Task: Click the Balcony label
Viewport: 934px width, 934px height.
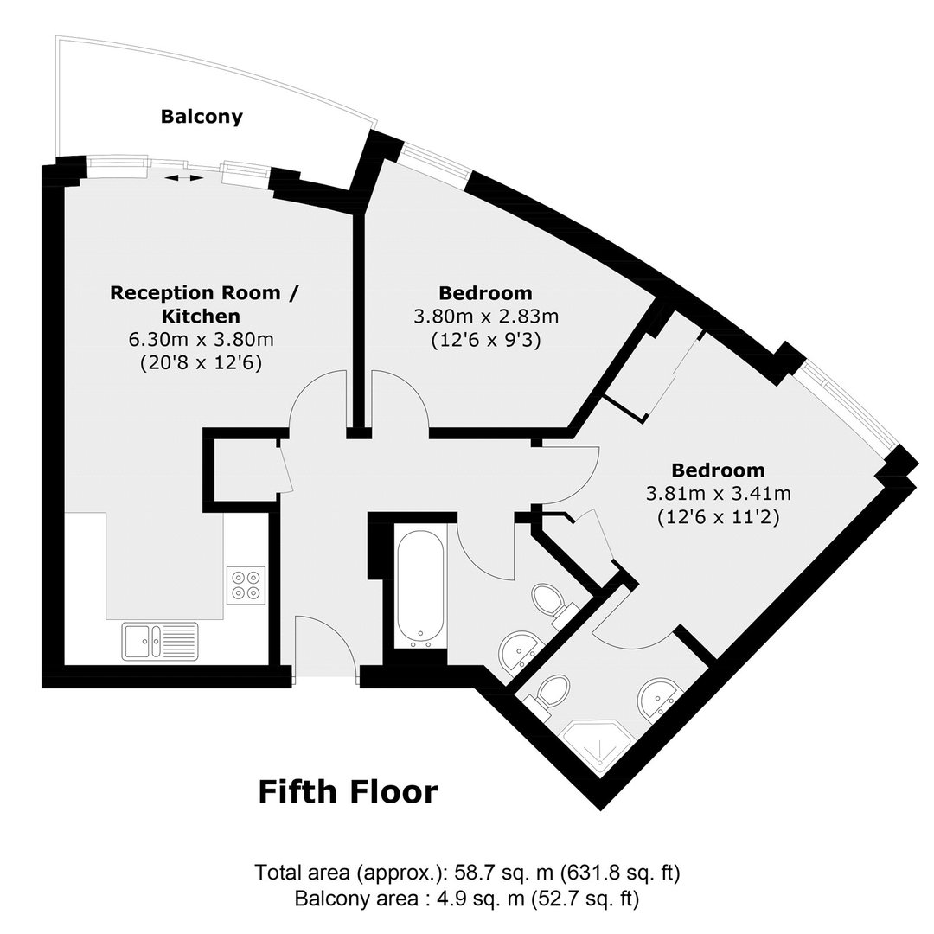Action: (x=202, y=116)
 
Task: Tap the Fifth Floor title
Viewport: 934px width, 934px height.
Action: (x=348, y=791)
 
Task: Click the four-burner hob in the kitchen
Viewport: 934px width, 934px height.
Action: (x=246, y=585)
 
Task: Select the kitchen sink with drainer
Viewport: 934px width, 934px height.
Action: (x=160, y=642)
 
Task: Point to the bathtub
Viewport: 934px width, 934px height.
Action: (x=420, y=586)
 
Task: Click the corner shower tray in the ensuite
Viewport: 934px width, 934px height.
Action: (x=598, y=744)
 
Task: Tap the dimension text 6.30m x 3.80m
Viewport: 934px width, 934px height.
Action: (x=202, y=340)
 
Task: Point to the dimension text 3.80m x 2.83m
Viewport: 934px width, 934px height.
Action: (x=486, y=317)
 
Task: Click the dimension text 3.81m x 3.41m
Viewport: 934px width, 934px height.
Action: (x=719, y=493)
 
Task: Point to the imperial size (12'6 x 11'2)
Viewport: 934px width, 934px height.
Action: (x=719, y=516)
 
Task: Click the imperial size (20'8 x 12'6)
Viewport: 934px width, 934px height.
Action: (x=202, y=362)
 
